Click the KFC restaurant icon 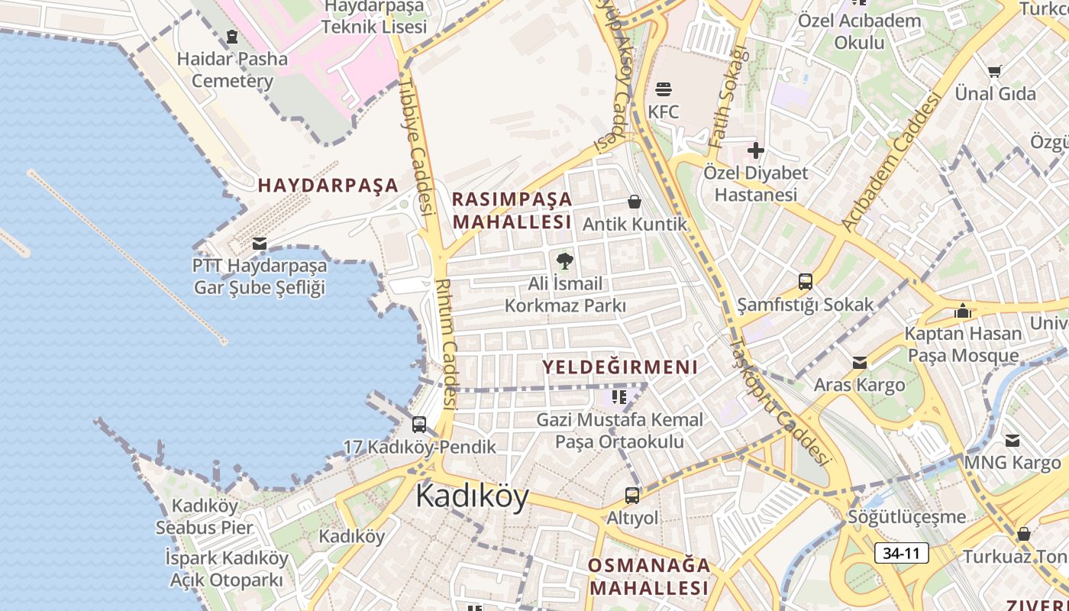(663, 88)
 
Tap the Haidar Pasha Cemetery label (232, 70)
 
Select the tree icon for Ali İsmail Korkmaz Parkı (565, 261)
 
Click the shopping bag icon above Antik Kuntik (634, 202)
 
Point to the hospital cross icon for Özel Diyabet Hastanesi (756, 150)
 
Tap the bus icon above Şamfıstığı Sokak (806, 281)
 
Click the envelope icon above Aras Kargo (860, 362)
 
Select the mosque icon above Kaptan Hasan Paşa (963, 311)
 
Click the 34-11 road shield (902, 553)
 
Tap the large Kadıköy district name (472, 496)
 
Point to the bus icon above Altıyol (632, 495)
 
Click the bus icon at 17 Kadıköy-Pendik (419, 425)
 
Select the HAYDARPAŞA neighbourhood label (328, 185)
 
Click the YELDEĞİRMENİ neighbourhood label (620, 367)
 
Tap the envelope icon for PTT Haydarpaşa (260, 244)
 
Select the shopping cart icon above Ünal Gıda (995, 71)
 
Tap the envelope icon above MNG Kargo (1012, 440)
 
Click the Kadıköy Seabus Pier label (204, 516)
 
